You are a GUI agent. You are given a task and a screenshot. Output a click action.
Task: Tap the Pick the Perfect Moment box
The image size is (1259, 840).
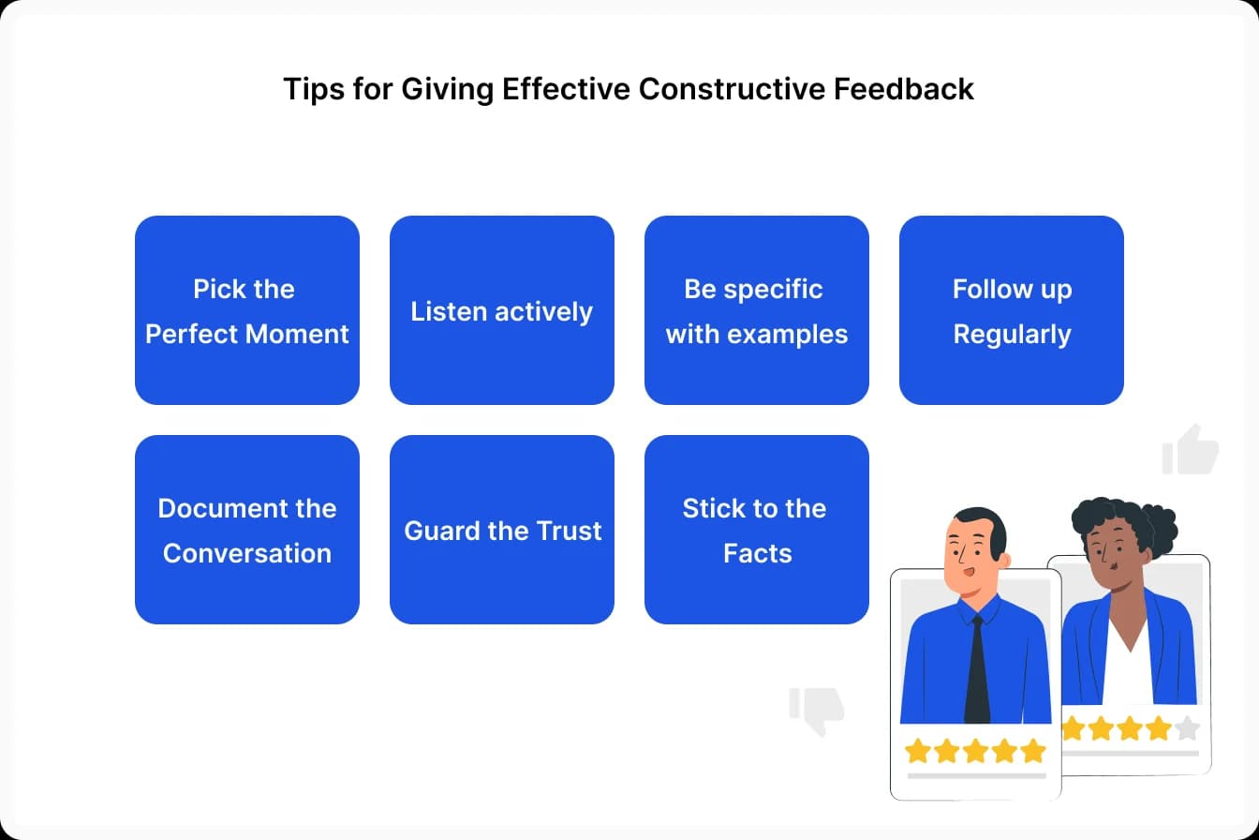(247, 310)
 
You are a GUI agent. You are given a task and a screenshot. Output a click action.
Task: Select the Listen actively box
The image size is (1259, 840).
(502, 310)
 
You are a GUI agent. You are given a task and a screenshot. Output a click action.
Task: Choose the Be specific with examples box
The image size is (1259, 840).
(757, 310)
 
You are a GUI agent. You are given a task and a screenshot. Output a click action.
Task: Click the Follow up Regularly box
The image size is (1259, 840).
(1012, 310)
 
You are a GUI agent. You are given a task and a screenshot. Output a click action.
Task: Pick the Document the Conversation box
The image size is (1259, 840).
(247, 530)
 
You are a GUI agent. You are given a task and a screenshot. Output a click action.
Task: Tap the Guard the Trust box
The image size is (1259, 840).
(502, 530)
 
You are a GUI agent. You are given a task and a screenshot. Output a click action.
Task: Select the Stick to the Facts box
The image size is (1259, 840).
(757, 530)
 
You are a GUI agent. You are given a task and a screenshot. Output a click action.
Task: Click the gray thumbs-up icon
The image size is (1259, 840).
(1191, 450)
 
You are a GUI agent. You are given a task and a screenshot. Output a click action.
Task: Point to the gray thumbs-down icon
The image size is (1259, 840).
(817, 710)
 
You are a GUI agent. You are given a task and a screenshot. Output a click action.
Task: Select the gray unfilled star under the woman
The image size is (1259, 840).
(1186, 728)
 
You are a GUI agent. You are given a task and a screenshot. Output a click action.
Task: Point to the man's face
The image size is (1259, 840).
(970, 553)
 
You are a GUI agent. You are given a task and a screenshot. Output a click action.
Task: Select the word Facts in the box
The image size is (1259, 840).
(757, 553)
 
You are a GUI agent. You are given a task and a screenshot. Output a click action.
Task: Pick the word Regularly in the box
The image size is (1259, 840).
(1012, 334)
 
